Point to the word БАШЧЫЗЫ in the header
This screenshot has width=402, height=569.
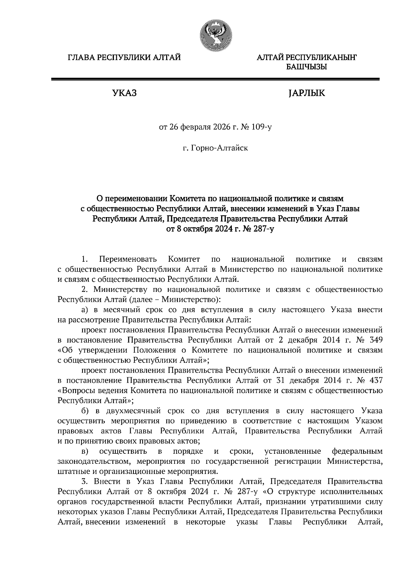[x=306, y=67]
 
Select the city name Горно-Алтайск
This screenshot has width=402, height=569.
[x=219, y=148]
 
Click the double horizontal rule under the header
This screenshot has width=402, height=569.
[x=215, y=79]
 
